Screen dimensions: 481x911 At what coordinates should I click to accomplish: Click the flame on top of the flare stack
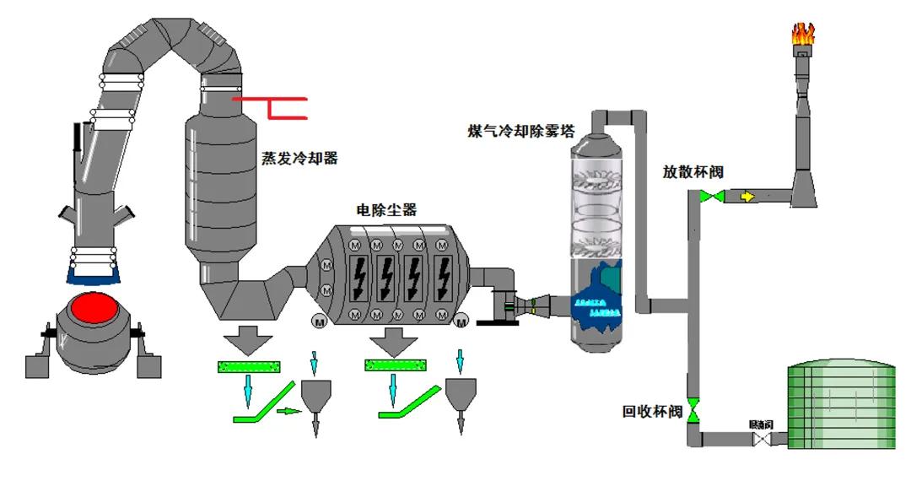[x=802, y=34]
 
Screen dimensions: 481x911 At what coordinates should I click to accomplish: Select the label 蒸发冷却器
[x=299, y=158]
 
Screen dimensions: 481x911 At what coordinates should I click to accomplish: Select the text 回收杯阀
[x=651, y=413]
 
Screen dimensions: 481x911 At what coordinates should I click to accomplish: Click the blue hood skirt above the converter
[x=92, y=272]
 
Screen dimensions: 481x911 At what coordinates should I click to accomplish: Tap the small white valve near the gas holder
[x=757, y=438]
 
